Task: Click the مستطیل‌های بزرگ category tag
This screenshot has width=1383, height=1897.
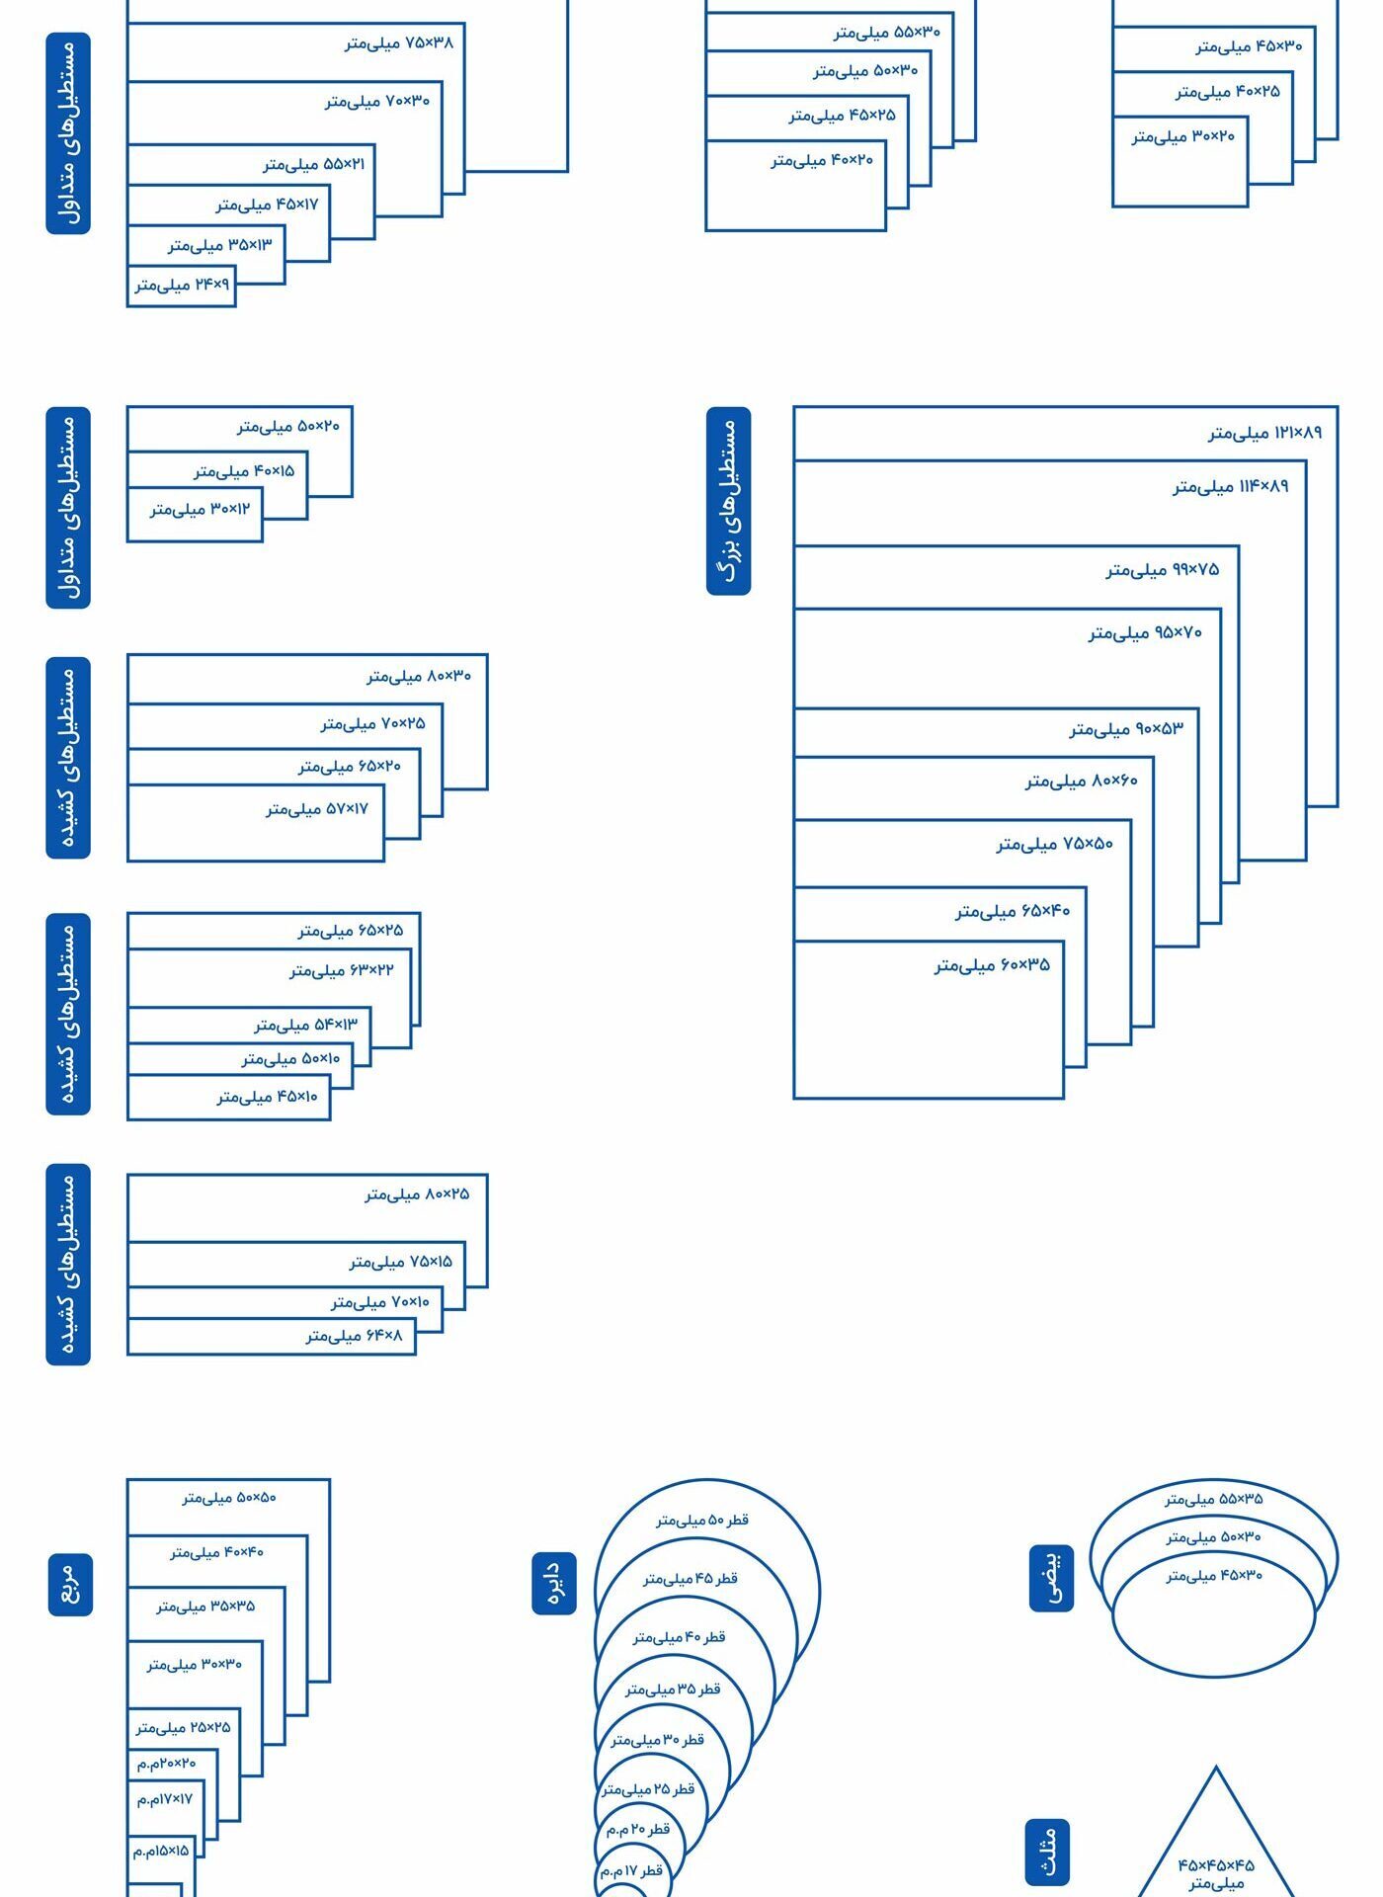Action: [729, 501]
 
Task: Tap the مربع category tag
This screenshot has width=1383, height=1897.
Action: [70, 1584]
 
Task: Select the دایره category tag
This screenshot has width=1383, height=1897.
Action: [554, 1583]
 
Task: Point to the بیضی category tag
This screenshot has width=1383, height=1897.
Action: [1051, 1578]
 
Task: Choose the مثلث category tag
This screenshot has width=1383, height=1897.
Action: [1047, 1852]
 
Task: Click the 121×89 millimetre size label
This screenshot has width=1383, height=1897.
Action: [1264, 433]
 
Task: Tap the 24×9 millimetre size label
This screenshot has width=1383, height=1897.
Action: [182, 286]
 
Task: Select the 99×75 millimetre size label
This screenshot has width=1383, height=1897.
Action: [1163, 570]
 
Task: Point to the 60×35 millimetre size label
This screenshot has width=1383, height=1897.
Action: [992, 965]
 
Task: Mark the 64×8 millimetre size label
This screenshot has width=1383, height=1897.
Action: [354, 1336]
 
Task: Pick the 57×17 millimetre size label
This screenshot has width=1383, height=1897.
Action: [316, 809]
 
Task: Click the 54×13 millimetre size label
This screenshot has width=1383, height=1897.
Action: [305, 1025]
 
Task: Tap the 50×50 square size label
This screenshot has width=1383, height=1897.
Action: [229, 1498]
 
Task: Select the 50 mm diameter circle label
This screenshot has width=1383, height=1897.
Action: [702, 1521]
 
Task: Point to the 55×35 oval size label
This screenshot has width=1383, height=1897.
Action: [1213, 1499]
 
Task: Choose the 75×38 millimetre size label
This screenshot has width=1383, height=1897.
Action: [399, 43]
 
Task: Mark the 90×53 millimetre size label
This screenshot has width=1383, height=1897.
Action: [1126, 729]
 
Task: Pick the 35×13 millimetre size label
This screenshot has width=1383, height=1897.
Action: [219, 244]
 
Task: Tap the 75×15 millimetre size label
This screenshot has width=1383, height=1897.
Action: [400, 1262]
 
